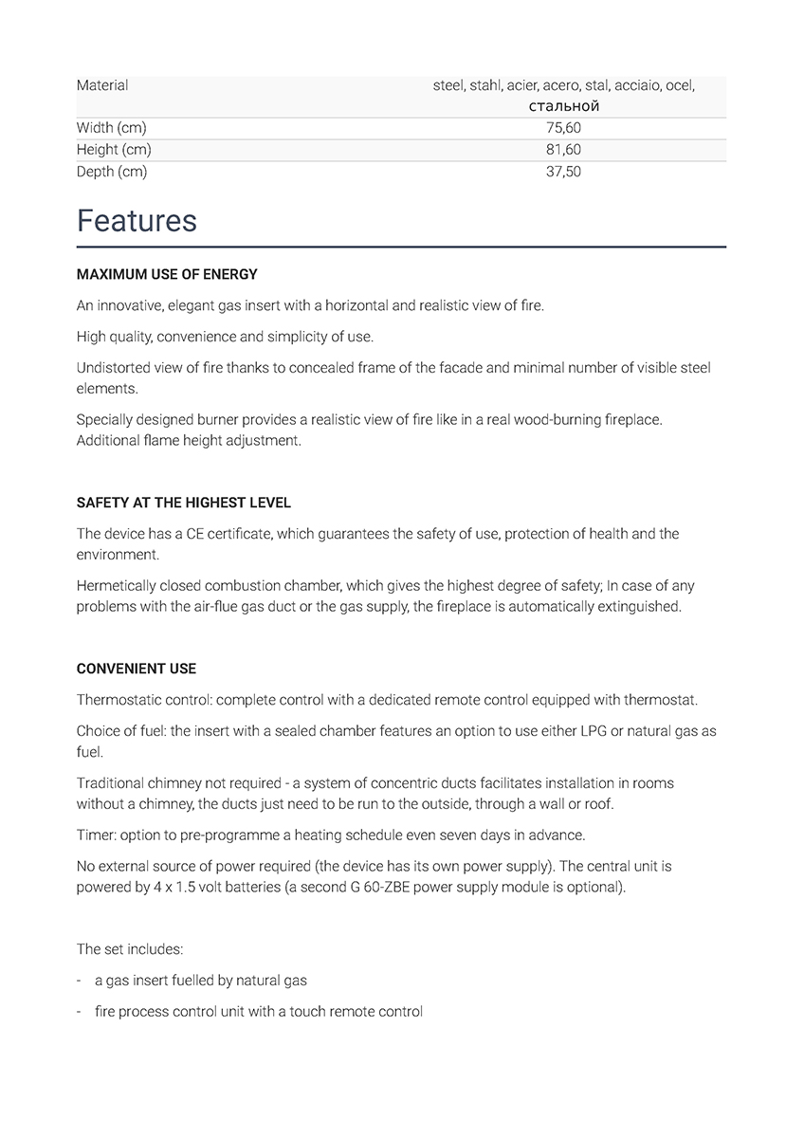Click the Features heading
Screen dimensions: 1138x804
tap(137, 221)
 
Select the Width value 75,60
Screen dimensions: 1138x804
tap(563, 128)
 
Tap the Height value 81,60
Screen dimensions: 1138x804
tap(563, 150)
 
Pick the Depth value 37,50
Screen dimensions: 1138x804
tap(563, 172)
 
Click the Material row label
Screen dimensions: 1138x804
tap(102, 85)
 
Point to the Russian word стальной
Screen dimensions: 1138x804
tap(563, 106)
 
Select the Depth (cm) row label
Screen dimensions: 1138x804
tap(112, 172)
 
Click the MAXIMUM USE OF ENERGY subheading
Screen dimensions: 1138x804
tap(167, 275)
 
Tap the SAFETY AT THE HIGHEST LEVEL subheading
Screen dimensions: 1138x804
tap(184, 503)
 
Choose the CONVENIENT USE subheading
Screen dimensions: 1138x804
tap(137, 669)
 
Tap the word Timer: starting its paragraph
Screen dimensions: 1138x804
tap(96, 835)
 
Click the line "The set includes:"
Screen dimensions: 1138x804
tap(130, 949)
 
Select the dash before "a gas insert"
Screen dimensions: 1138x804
tap(80, 981)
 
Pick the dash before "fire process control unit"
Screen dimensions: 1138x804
tap(80, 1012)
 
